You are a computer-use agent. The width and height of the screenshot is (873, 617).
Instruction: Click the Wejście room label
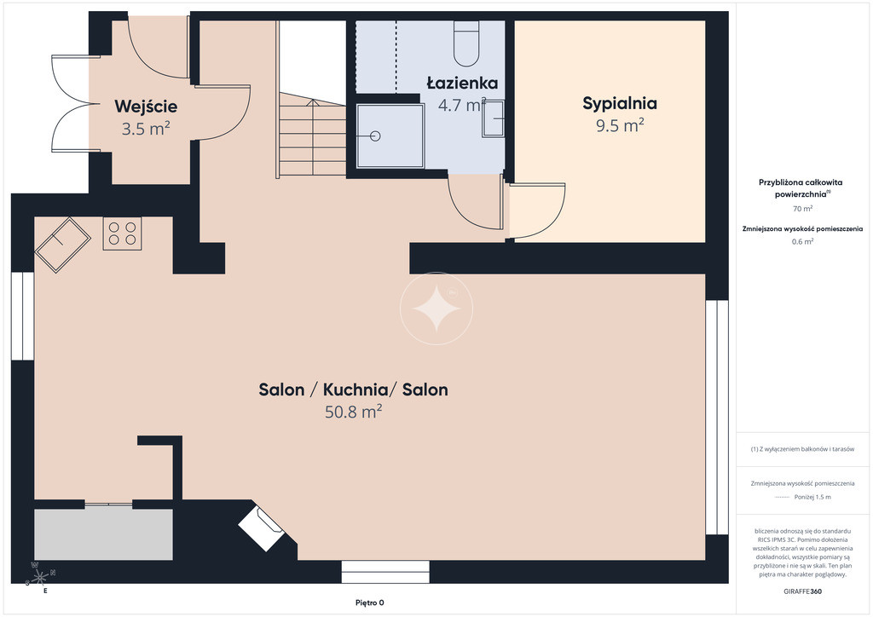(x=146, y=107)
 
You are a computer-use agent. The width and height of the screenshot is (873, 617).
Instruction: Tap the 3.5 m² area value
(x=146, y=129)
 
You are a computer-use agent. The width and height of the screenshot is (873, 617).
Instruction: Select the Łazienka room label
(x=462, y=84)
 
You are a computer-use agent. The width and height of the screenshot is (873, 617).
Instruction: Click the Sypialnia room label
(x=620, y=103)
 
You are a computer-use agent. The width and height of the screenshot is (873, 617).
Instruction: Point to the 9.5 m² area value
(x=620, y=125)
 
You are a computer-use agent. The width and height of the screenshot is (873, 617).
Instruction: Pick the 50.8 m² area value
(x=354, y=412)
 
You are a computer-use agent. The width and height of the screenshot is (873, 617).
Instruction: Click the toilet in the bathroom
(x=466, y=44)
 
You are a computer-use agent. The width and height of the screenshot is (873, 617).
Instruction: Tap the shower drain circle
(x=375, y=136)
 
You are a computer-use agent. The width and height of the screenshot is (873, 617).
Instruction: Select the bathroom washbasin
(x=493, y=118)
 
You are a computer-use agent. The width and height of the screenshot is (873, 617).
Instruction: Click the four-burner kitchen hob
(x=122, y=234)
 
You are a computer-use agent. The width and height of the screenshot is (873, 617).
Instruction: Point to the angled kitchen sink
(x=62, y=245)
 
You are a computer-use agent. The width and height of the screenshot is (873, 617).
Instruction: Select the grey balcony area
(x=103, y=534)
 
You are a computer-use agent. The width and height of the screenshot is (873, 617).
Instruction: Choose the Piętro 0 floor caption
(x=370, y=603)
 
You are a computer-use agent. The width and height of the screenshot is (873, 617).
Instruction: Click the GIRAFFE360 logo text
(x=802, y=591)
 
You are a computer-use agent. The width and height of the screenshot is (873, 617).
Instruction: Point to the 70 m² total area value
(x=802, y=209)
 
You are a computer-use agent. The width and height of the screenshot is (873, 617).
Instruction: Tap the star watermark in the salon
(x=436, y=308)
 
